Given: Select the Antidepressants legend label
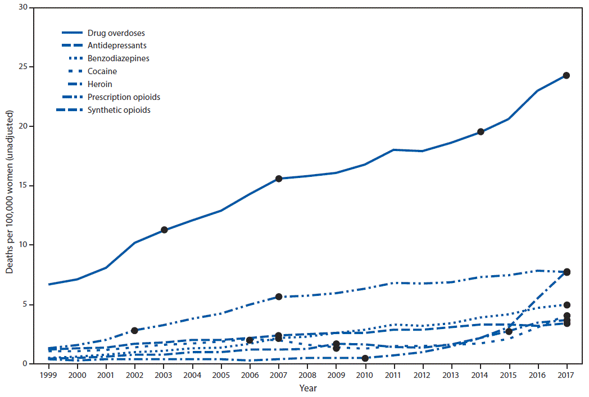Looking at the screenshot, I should click(x=117, y=45).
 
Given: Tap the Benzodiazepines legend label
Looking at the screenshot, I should click(x=119, y=58).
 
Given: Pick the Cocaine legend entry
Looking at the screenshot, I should click(x=102, y=71).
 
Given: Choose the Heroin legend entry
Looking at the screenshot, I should click(x=101, y=84).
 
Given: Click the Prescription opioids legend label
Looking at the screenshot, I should click(x=124, y=97).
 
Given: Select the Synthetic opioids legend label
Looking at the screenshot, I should click(x=119, y=110).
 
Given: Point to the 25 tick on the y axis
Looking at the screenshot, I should click(x=23, y=67).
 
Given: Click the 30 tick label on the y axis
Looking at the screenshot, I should click(x=23, y=7).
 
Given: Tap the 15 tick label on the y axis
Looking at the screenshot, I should click(x=23, y=186).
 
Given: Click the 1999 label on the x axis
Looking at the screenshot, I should click(x=49, y=374).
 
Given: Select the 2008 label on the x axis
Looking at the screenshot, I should click(x=307, y=374).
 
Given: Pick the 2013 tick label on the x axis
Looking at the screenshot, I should click(x=451, y=374).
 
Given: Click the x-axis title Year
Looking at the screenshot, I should click(x=307, y=388).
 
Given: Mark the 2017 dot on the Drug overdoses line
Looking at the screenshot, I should click(x=567, y=75).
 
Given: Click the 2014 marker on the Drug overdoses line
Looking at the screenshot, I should click(x=481, y=131).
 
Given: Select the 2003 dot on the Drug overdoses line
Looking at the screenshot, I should click(x=164, y=230).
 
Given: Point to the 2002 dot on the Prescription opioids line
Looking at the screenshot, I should click(x=134, y=331).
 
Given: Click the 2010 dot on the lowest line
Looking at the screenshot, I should click(x=365, y=358).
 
